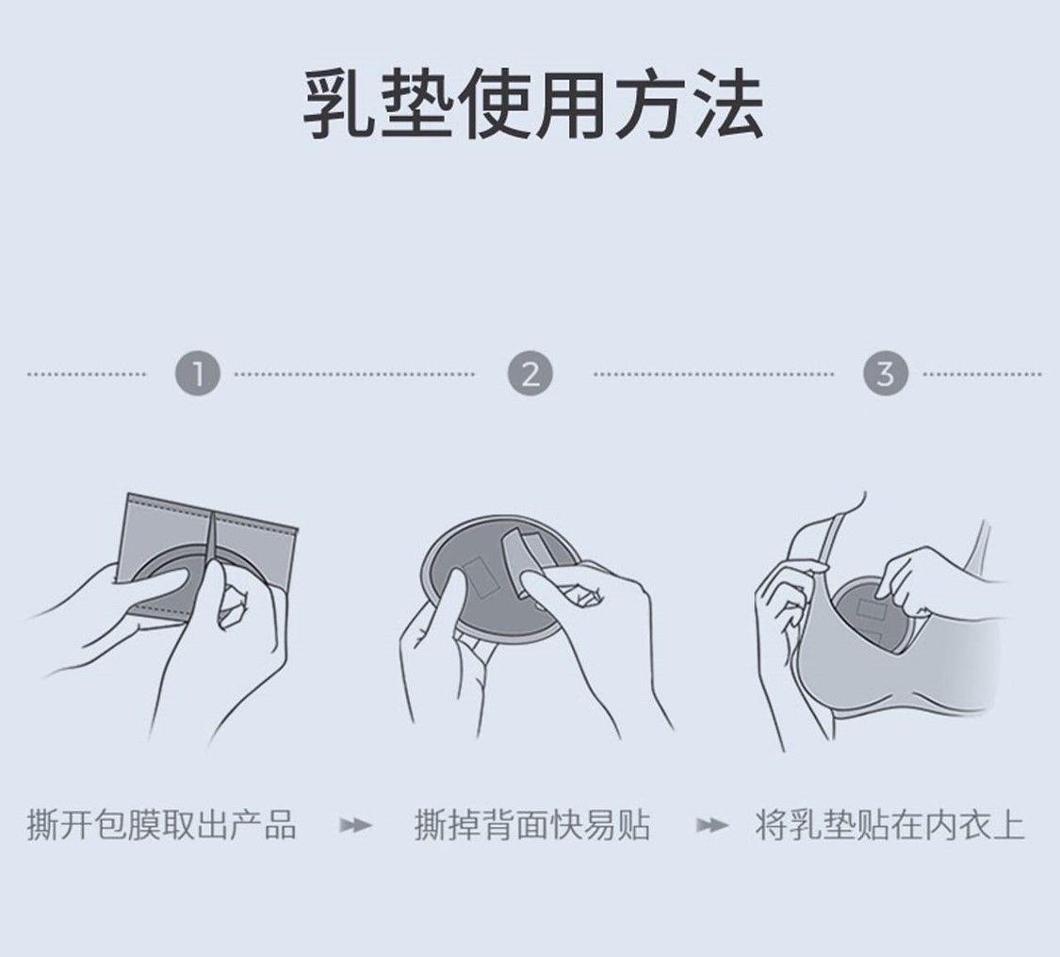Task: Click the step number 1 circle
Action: [198, 374]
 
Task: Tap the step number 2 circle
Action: [530, 374]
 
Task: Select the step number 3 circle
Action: [886, 374]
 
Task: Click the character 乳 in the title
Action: [338, 105]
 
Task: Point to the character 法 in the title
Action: [728, 105]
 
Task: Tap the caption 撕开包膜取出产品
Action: [161, 825]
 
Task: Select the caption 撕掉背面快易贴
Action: [532, 825]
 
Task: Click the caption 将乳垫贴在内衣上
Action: [889, 825]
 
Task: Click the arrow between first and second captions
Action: [355, 825]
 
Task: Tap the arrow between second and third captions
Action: [712, 825]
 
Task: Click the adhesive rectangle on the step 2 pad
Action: [483, 576]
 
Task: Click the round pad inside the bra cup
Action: [869, 615]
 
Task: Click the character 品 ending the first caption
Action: [281, 825]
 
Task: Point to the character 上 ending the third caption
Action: [1008, 825]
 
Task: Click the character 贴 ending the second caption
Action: [634, 825]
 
